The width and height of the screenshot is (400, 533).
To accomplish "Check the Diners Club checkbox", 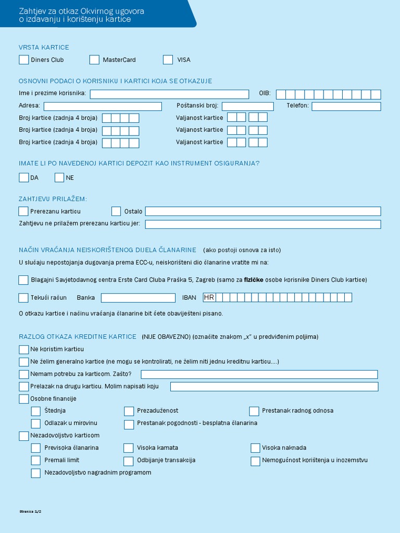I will (23, 60).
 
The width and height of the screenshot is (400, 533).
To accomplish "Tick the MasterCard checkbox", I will (94, 60).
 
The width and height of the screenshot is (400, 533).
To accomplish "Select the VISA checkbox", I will (168, 60).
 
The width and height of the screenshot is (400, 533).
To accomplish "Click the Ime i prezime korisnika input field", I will (169, 94).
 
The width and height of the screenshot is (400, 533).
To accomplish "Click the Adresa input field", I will (103, 106).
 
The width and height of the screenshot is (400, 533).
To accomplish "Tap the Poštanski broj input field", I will (247, 106).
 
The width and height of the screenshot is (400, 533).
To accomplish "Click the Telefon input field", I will (346, 106).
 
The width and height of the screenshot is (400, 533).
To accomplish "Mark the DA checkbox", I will (23, 177).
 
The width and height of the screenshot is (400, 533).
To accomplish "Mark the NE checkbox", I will (59, 177).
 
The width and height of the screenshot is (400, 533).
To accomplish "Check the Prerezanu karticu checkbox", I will (23, 211).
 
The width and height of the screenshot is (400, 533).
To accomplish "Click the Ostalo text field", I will (263, 211).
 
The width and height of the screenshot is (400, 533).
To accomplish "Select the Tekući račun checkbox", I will (23, 298).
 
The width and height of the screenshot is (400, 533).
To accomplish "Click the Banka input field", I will (138, 298).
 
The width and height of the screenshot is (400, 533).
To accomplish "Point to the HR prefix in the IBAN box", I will (209, 298).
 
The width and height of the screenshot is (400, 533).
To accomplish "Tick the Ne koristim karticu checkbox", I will (23, 349).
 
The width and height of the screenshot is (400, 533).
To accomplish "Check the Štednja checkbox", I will (36, 411).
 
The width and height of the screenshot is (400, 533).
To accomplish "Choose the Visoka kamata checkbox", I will (129, 448).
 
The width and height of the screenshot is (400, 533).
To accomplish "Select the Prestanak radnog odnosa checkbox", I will (254, 411).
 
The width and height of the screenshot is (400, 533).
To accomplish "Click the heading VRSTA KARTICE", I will (44, 47).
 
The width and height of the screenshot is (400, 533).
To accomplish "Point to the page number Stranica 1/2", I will (30, 512).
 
